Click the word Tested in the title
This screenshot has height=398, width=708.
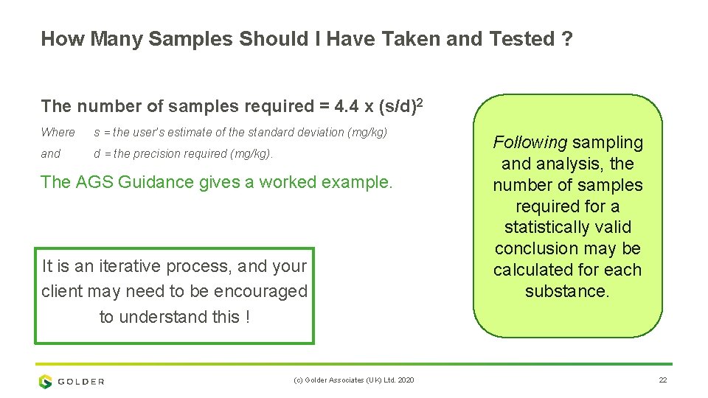[x=520, y=39]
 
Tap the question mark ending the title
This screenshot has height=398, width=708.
[x=566, y=39]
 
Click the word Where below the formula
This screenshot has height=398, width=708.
[x=58, y=133]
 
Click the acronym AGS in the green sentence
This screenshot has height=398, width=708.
[x=93, y=182]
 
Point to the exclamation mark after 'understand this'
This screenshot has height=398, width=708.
[x=248, y=317]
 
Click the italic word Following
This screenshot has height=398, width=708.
[x=530, y=142]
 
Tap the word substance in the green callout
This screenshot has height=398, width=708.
[x=566, y=291]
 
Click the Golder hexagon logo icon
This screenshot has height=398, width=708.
[x=46, y=381]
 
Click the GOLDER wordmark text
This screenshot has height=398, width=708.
[x=81, y=382]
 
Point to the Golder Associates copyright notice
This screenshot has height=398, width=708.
[x=353, y=380]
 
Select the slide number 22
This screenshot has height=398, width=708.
[x=662, y=380]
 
